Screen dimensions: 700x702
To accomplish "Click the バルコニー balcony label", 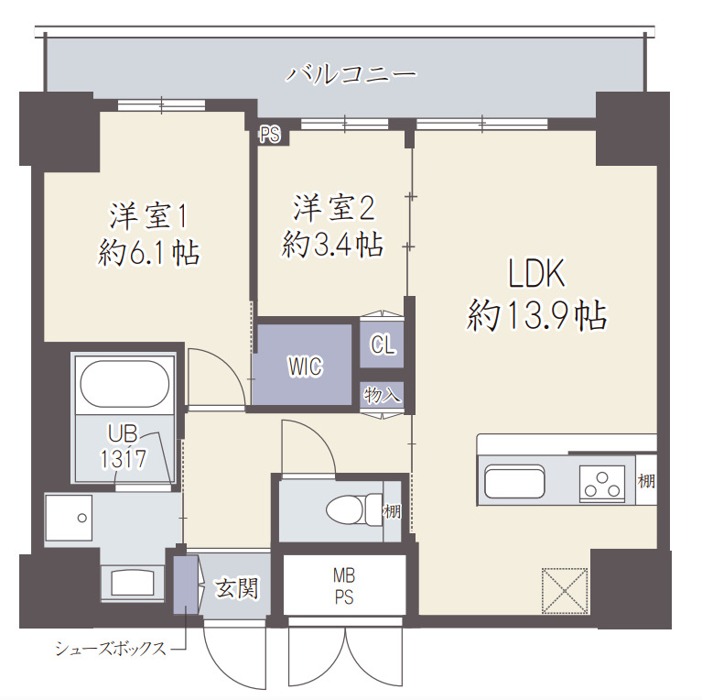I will coord(351,73).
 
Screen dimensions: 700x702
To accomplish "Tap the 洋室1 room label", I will coord(149,215).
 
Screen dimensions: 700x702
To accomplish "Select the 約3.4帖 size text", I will coord(332,245).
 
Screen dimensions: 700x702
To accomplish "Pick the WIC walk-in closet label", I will coord(305,366).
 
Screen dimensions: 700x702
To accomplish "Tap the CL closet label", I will coord(382,345).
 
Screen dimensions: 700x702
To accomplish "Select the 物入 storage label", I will coord(382,396).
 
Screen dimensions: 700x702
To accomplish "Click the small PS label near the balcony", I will coord(269,136).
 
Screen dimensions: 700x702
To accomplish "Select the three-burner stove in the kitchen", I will coord(601,482).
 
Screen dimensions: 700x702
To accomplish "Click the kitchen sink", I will coord(514,482).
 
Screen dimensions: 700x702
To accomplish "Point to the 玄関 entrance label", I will coord(236,587).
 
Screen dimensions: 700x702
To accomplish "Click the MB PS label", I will coord(344,585).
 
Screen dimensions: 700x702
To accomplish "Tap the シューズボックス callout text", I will coord(111,650).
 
